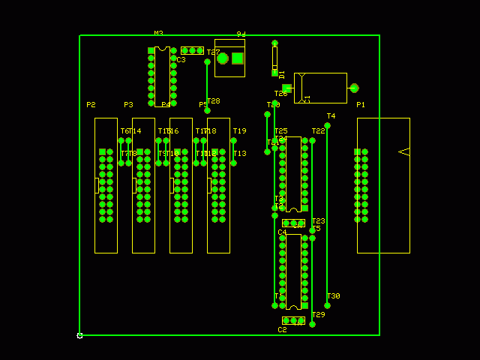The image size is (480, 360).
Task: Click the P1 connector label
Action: [361, 105]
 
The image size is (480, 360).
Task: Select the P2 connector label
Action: [91, 105]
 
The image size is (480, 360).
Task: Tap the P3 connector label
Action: [128, 105]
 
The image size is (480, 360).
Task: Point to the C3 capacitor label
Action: [181, 60]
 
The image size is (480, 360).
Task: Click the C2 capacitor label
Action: [282, 330]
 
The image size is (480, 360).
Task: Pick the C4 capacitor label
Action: [282, 232]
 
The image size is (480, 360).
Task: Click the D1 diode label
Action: [282, 74]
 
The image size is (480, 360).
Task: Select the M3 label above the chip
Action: [158, 34]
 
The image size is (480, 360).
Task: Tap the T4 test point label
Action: [331, 116]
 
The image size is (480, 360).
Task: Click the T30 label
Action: [333, 296]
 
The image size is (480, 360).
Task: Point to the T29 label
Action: [318, 315]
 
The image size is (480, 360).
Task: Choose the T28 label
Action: [213, 101]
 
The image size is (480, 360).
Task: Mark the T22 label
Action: [318, 131]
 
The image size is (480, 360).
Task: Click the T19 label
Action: [239, 131]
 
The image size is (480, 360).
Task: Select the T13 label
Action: [239, 154]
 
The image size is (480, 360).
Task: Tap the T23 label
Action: [318, 221]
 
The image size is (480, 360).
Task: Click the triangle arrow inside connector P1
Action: [403, 151]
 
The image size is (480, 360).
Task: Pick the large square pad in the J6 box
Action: [238, 58]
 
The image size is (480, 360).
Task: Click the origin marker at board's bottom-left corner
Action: [79, 335]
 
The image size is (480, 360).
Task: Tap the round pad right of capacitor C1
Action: [354, 88]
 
